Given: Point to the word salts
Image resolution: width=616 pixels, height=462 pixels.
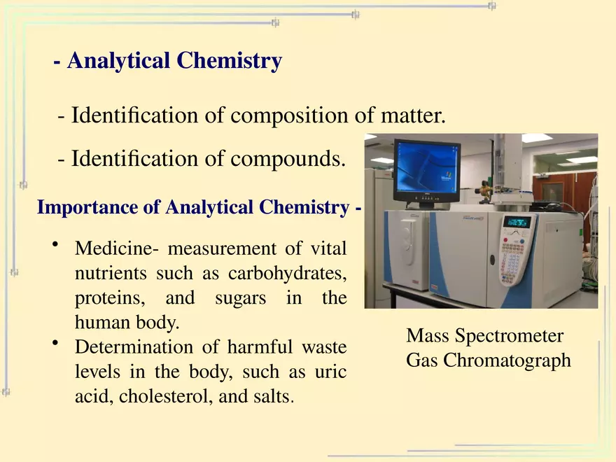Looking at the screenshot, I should point(269,396).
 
